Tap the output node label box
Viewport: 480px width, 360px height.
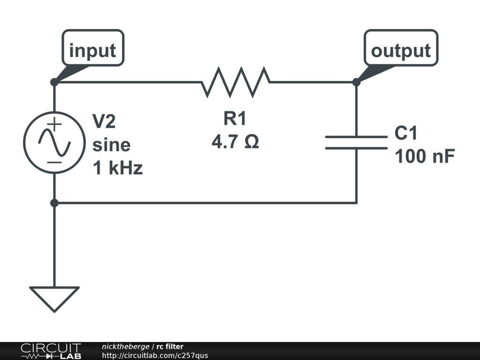pos(401,48)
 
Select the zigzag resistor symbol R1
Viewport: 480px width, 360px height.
pos(236,82)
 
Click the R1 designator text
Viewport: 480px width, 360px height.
pos(234,119)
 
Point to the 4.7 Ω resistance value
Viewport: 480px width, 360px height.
pos(235,142)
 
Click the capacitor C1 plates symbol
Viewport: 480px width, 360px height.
pos(356,142)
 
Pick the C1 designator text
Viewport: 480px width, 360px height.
pos(406,134)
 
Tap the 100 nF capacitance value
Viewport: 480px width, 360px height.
pos(425,157)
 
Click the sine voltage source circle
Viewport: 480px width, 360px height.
pos(54,143)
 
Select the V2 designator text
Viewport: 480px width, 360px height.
pos(104,122)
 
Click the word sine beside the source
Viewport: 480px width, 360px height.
pos(111,145)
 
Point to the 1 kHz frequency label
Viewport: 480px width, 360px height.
pos(118,168)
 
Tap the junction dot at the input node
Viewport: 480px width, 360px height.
pos(54,82)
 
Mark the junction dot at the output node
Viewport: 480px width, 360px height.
pos(356,82)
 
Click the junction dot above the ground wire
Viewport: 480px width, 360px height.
pos(54,203)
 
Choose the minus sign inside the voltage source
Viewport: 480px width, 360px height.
pos(54,162)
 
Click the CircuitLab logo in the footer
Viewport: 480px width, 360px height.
pos(51,351)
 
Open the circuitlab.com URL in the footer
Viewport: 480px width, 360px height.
pos(155,355)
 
